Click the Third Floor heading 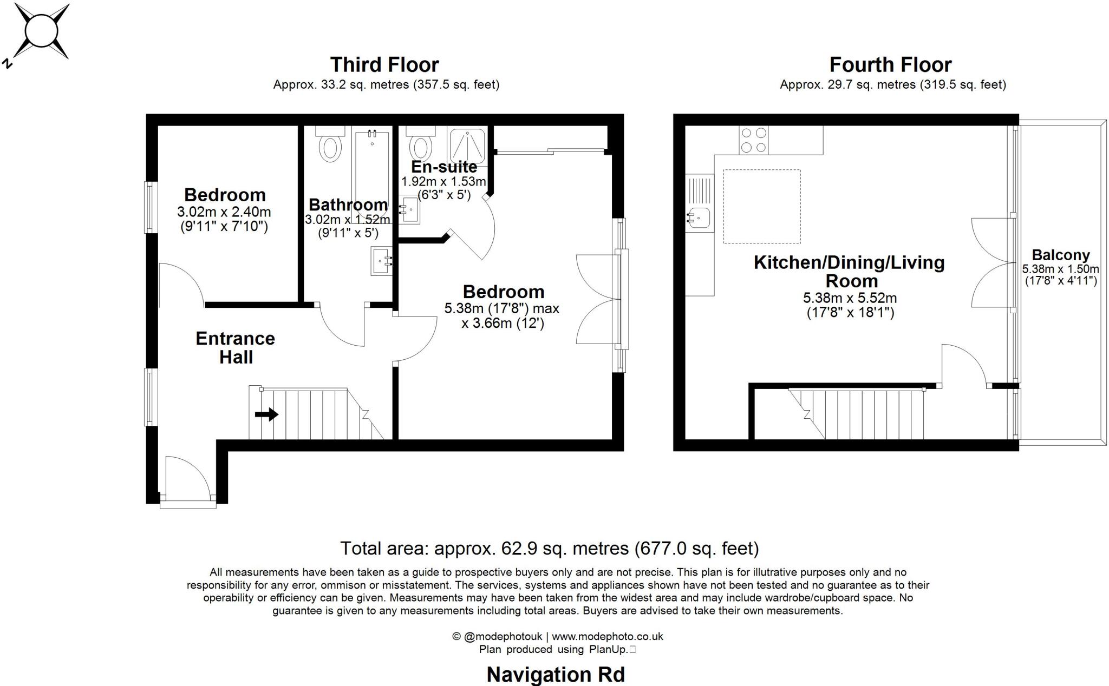click(x=384, y=65)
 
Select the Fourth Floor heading click(x=890, y=65)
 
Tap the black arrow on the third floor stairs click(x=266, y=415)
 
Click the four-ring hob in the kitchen click(x=753, y=140)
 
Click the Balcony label click(x=1060, y=255)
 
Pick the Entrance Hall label click(x=236, y=347)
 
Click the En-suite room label click(x=444, y=167)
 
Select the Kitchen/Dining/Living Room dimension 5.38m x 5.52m click(x=850, y=298)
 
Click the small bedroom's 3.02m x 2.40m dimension click(x=224, y=212)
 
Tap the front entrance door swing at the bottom click(x=187, y=476)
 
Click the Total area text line click(x=549, y=549)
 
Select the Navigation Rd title click(x=556, y=675)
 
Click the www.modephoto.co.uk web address click(x=607, y=637)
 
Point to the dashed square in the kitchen click(x=762, y=206)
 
